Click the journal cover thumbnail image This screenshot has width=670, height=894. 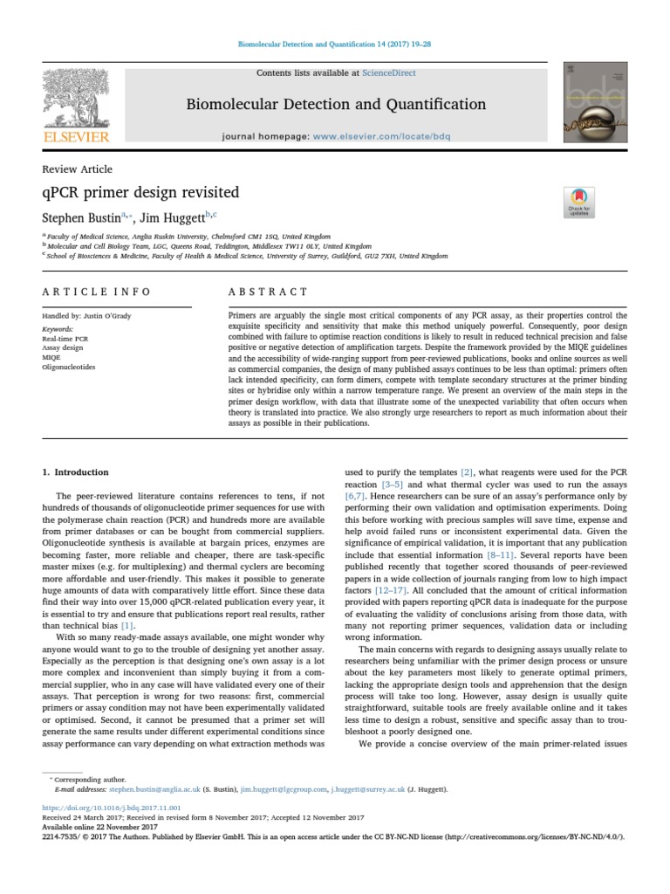point(596,101)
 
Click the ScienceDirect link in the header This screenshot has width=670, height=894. point(392,73)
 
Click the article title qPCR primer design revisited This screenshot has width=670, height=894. point(140,191)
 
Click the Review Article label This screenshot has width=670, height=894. point(78,168)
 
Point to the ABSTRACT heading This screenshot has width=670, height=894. point(268,292)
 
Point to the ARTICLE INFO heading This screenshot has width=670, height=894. point(97,292)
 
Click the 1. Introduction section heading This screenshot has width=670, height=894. point(76,472)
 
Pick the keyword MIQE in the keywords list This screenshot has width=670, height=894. point(51,357)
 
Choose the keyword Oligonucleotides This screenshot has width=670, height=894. point(70,367)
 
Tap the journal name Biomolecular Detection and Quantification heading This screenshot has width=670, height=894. point(336,105)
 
